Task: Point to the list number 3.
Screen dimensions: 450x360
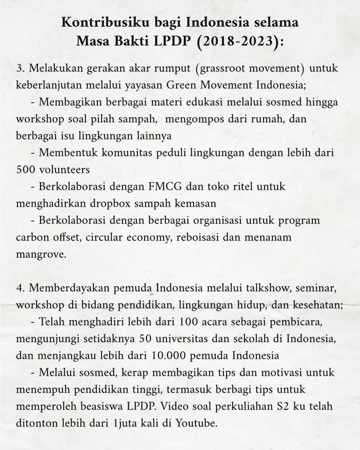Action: tap(19, 69)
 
